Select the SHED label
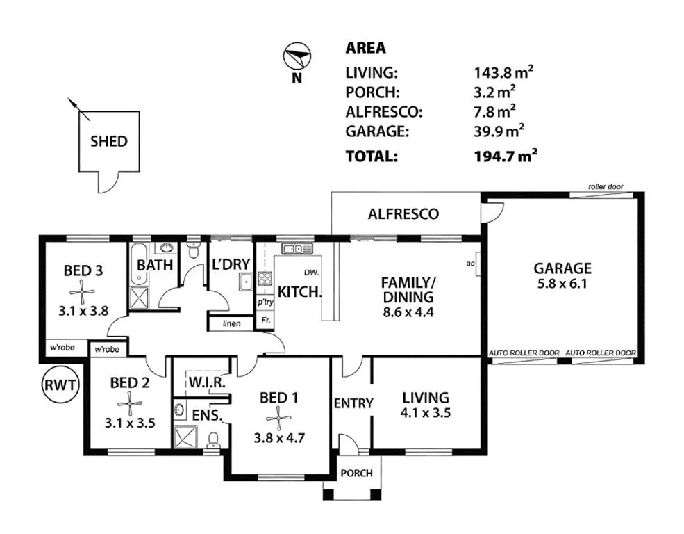(109, 141)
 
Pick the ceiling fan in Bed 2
(128, 401)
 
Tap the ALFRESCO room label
(403, 214)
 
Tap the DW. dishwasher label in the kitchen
(310, 272)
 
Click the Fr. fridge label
(264, 321)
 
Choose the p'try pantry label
(265, 303)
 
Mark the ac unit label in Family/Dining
(470, 263)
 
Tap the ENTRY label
(354, 403)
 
